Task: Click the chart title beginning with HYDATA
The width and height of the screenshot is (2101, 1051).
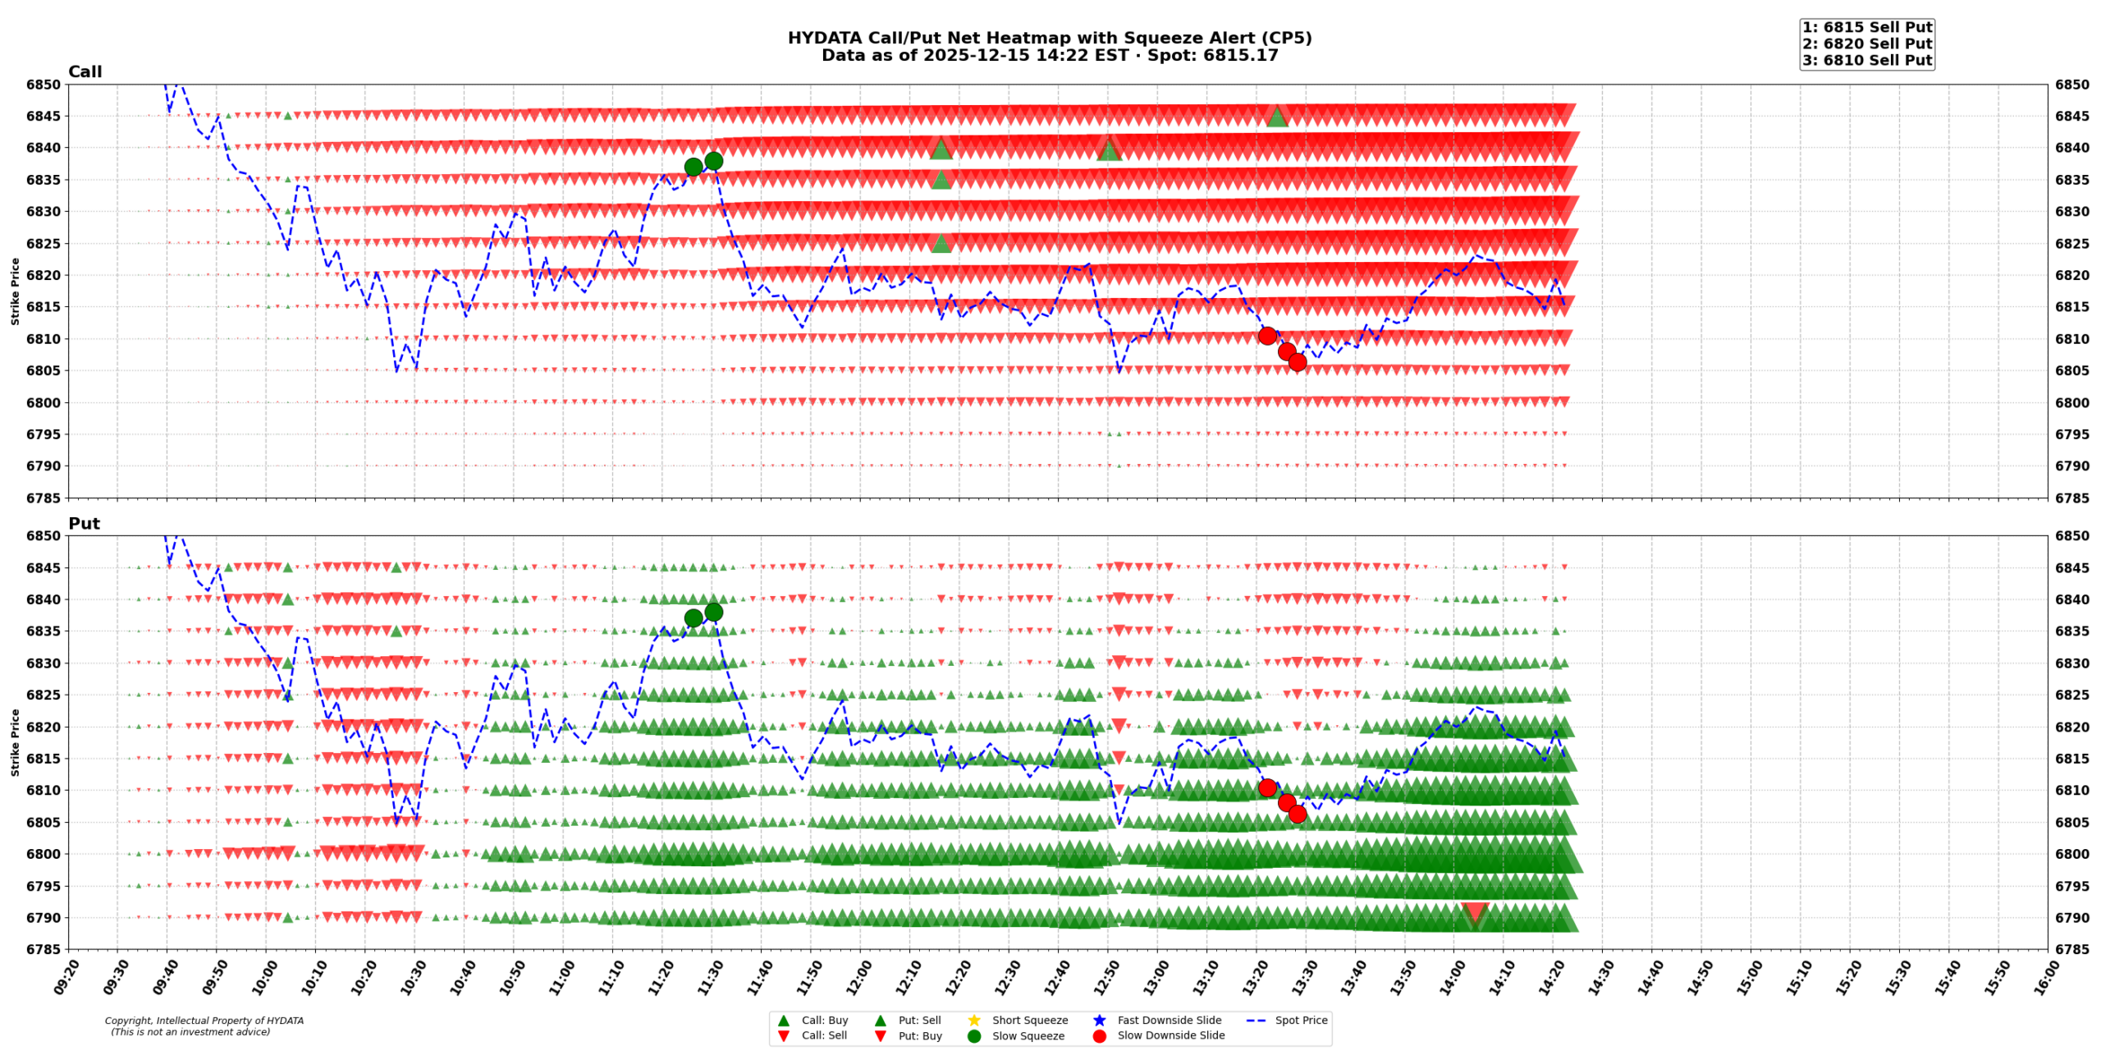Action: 1049,39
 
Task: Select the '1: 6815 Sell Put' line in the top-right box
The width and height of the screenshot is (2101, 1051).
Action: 1866,28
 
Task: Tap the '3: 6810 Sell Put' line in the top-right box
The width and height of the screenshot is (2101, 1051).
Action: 1866,60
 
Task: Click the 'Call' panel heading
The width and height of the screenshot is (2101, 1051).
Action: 85,72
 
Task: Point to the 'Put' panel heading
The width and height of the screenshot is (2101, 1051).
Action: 84,524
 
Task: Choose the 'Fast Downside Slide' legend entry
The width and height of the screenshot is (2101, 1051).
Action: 1169,1021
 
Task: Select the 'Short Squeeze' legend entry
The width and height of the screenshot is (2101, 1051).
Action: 1029,1021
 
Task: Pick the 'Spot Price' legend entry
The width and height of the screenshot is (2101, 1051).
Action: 1300,1021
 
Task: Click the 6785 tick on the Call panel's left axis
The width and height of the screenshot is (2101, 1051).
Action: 43,498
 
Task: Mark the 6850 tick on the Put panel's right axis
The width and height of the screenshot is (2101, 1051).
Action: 2072,536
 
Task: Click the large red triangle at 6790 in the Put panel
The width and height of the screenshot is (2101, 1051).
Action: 1474,913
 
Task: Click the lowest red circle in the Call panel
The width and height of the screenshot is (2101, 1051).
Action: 1297,362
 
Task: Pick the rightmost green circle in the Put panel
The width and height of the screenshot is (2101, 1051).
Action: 713,613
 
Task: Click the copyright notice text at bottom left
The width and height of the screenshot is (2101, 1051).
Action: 204,1026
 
